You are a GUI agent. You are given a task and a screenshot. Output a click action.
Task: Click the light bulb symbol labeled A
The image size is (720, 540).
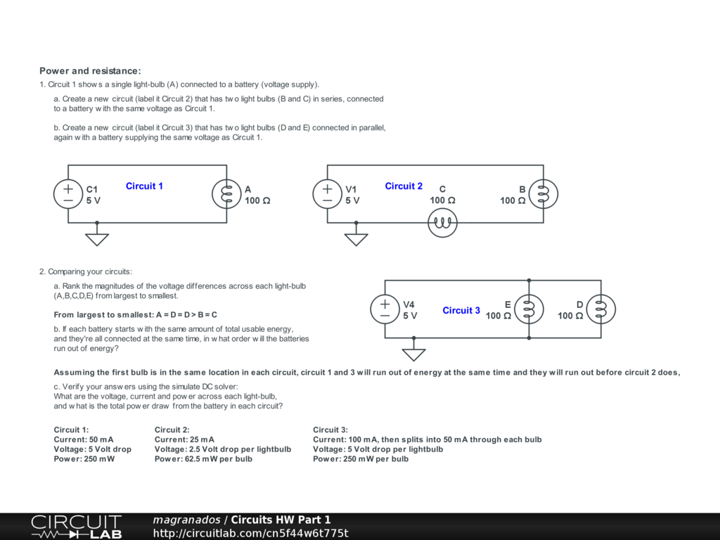[x=226, y=194]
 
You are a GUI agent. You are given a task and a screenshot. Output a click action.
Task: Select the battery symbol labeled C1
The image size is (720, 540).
[x=68, y=194]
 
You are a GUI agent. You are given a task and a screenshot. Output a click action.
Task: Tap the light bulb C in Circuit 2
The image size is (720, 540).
[x=443, y=223]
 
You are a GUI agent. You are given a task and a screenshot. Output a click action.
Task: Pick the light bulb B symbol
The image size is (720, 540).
[x=544, y=194]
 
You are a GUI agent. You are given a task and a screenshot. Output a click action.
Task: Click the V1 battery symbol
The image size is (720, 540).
[x=328, y=194]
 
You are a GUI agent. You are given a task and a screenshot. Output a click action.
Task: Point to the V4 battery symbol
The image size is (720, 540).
[x=385, y=309]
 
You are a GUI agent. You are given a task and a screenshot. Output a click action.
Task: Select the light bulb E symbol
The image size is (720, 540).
[x=529, y=309]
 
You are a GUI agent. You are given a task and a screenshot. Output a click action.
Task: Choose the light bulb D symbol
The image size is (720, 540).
[x=601, y=309]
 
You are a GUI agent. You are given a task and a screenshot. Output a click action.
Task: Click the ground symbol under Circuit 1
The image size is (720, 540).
[x=97, y=238]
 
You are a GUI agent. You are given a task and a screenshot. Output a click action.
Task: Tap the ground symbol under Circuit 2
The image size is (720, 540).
[x=356, y=238]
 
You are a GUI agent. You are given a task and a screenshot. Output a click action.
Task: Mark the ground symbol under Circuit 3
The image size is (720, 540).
[x=414, y=354]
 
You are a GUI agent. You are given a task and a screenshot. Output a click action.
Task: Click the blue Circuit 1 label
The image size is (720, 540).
[x=144, y=186]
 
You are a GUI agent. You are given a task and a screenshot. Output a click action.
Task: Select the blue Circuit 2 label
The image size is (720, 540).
[x=404, y=186]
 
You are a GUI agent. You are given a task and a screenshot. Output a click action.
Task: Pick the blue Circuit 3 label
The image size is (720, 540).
[x=461, y=311]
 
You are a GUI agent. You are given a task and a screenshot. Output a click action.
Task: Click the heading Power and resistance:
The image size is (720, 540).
[x=90, y=71]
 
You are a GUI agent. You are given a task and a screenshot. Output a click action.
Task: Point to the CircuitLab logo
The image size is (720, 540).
[x=76, y=527]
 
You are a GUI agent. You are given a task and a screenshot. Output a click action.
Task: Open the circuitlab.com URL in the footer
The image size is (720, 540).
[x=250, y=534]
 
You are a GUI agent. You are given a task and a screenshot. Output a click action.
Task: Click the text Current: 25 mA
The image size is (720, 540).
[x=184, y=439]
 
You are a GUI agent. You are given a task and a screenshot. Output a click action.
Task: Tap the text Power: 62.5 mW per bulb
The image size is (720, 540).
[x=203, y=459]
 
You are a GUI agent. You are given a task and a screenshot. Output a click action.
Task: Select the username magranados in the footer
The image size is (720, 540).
[x=186, y=520]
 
